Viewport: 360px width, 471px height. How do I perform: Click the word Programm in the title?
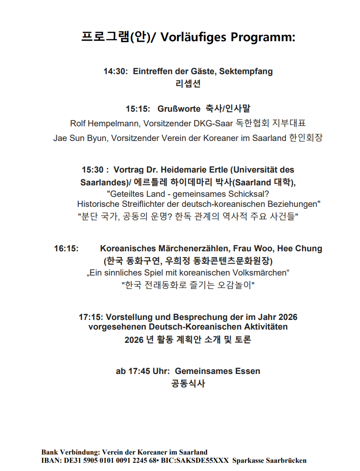pos(263,38)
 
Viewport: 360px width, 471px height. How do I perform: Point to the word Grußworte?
pos(179,109)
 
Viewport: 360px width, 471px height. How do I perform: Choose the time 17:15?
pos(92,317)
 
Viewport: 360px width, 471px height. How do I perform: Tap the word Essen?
pos(248,371)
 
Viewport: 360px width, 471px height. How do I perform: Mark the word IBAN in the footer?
pos(50,461)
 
